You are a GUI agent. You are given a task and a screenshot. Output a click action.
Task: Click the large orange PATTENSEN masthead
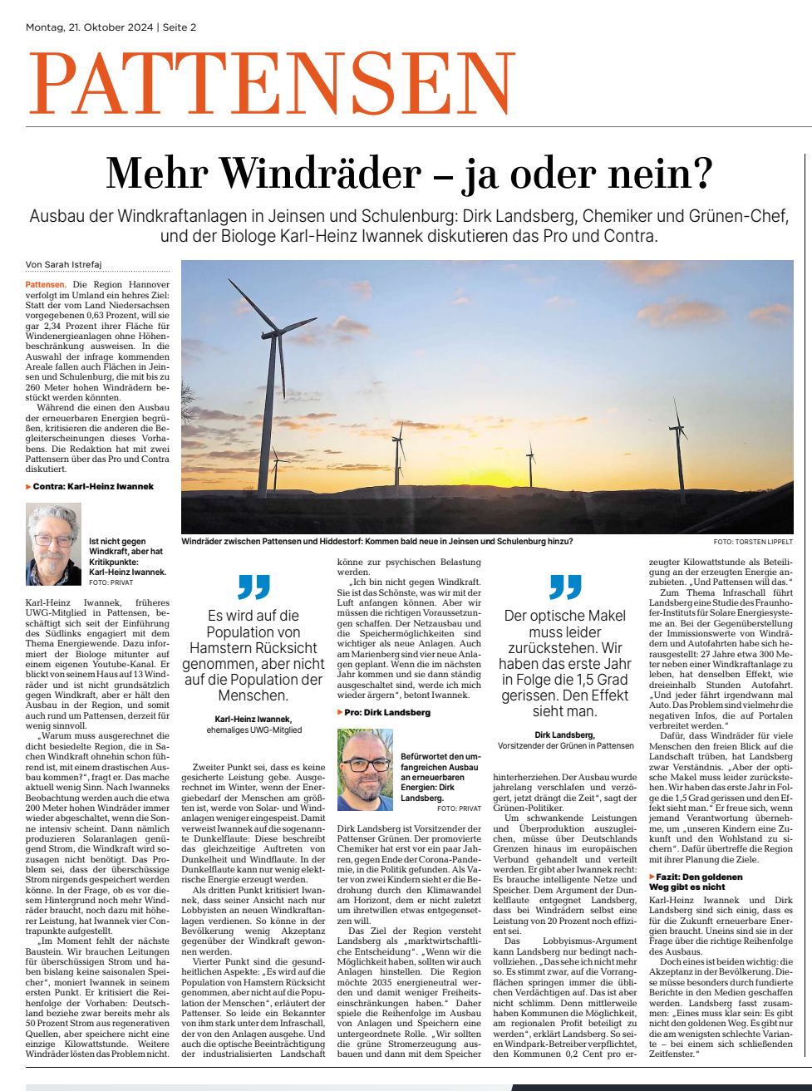pyautogui.click(x=273, y=84)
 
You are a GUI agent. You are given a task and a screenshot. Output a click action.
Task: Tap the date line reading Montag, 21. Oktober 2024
pyautogui.click(x=90, y=27)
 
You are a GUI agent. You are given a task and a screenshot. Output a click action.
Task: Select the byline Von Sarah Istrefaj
pyautogui.click(x=63, y=265)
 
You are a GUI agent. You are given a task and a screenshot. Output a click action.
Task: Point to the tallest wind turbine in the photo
pyautogui.click(x=271, y=391)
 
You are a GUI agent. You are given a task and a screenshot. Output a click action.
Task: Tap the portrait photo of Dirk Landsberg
pyautogui.click(x=365, y=770)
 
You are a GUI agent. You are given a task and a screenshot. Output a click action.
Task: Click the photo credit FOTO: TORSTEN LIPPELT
pyautogui.click(x=753, y=542)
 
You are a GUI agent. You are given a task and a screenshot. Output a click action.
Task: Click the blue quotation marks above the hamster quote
pyautogui.click(x=253, y=587)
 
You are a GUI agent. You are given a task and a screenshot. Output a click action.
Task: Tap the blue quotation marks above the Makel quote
pyautogui.click(x=565, y=587)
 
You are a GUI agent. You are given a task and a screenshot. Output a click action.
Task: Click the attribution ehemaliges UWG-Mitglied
pyautogui.click(x=253, y=730)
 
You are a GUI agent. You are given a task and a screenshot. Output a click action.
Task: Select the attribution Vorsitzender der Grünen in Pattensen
pyautogui.click(x=565, y=746)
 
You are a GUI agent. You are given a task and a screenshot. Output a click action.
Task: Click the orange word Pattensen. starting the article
pyautogui.click(x=45, y=285)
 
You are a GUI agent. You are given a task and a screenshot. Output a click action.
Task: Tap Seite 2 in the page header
pyautogui.click(x=180, y=27)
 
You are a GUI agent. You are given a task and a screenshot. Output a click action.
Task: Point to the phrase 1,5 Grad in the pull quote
pyautogui.click(x=597, y=680)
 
